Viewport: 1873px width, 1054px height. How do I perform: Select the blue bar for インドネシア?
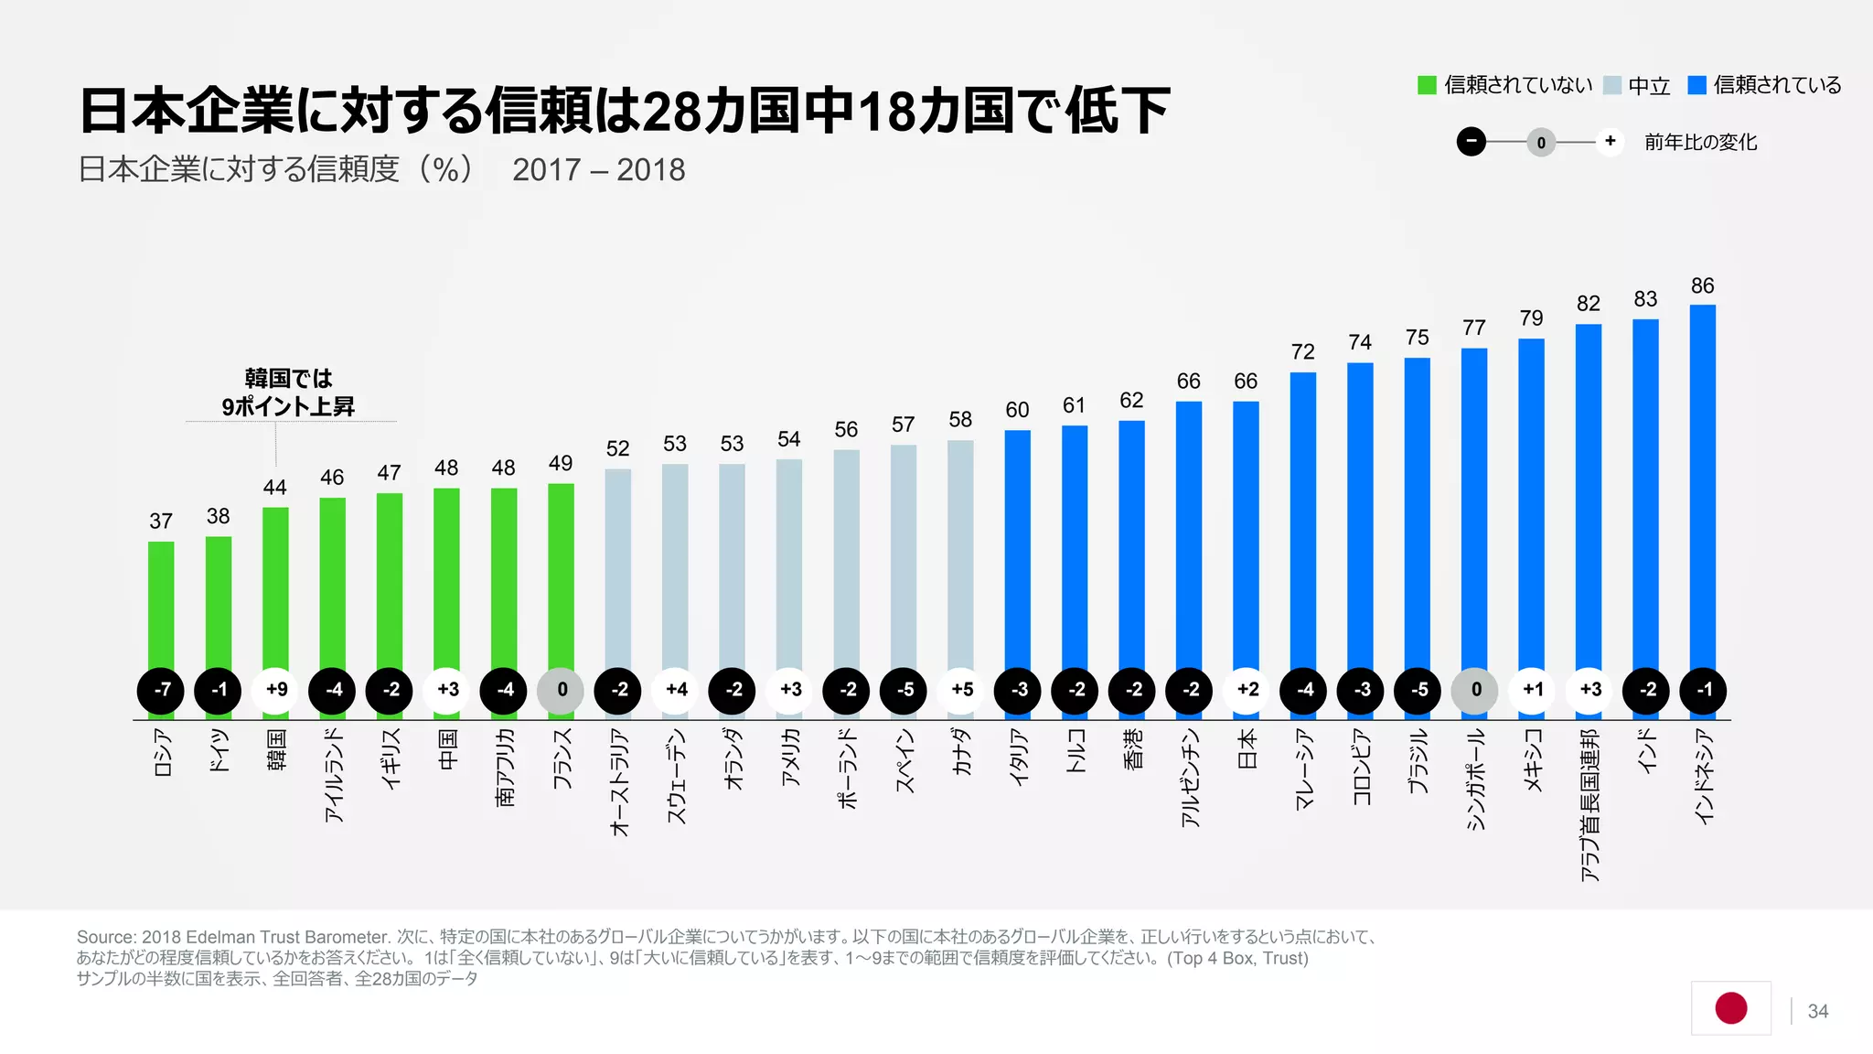tap(1702, 485)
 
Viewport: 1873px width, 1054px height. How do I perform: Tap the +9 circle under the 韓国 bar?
tap(275, 690)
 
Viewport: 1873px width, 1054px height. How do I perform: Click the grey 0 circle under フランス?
tap(561, 690)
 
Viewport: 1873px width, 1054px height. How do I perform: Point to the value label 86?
tap(1702, 285)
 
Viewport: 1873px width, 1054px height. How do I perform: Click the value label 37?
tap(161, 521)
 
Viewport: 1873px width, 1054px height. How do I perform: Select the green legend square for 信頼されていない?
tap(1427, 85)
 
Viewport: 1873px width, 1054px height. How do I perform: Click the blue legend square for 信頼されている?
tap(1696, 85)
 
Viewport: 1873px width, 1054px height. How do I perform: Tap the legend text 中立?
tap(1649, 86)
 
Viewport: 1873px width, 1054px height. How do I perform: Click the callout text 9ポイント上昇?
tap(288, 406)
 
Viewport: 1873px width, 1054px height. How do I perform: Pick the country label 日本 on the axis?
tap(1247, 748)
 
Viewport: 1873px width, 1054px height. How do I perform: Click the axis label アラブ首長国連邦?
tap(1589, 805)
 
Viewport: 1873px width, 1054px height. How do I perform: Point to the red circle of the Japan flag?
tap(1730, 1007)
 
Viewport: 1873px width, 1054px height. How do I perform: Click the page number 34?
tap(1817, 1011)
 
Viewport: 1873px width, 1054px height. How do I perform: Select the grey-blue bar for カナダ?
tap(960, 554)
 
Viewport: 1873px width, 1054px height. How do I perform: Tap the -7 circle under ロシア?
tap(161, 690)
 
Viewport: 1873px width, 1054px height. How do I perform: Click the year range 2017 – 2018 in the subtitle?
tap(598, 170)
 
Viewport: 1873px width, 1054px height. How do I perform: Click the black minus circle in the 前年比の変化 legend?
tap(1471, 142)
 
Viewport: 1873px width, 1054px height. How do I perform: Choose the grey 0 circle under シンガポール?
tap(1474, 690)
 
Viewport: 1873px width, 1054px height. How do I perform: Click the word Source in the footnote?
tap(106, 937)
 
